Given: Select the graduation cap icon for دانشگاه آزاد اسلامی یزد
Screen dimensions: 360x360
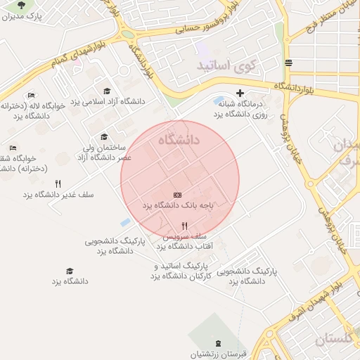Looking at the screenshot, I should pyautogui.click(x=107, y=91).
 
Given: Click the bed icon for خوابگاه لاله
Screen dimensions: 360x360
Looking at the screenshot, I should pyautogui.click(x=30, y=95).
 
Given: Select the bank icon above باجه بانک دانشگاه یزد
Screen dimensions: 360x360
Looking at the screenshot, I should pyautogui.click(x=177, y=194).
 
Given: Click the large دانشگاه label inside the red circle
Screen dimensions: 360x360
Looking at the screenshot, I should pyautogui.click(x=179, y=141).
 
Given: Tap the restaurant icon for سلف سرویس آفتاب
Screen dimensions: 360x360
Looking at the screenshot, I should pyautogui.click(x=184, y=226).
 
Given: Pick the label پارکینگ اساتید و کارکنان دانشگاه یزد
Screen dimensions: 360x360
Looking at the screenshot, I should pyautogui.click(x=181, y=271).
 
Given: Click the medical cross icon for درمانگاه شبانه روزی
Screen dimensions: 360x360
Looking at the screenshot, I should pyautogui.click(x=240, y=93).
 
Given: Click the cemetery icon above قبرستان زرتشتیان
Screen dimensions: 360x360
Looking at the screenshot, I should pyautogui.click(x=217, y=343).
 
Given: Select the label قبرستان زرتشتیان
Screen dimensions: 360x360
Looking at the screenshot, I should pyautogui.click(x=218, y=355).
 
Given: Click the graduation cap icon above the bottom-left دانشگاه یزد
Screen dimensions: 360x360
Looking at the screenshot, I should pyautogui.click(x=69, y=271).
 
